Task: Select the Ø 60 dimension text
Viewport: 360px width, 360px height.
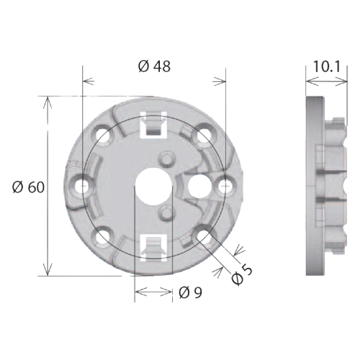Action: click(30, 187)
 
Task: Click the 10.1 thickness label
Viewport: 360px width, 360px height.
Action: click(326, 67)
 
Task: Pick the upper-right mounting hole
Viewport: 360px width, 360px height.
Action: click(204, 134)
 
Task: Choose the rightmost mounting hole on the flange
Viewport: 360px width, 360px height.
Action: click(225, 184)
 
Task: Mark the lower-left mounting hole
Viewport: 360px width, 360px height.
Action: click(104, 235)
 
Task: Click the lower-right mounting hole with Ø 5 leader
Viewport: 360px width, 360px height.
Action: click(204, 235)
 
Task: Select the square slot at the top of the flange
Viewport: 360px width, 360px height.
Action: click(153, 127)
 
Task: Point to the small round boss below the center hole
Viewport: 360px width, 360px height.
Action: click(167, 211)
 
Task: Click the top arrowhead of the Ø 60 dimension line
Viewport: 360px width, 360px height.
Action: click(48, 101)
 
